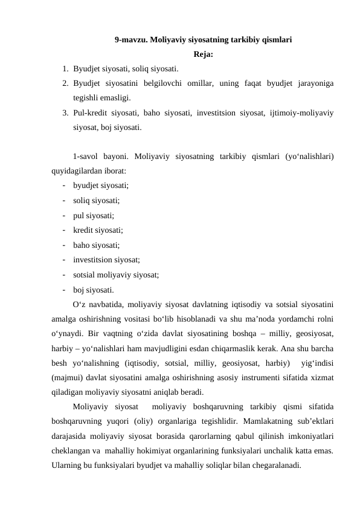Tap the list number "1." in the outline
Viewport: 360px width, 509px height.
click(x=65, y=68)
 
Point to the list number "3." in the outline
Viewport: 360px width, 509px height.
click(x=65, y=112)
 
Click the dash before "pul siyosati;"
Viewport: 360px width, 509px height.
click(x=63, y=215)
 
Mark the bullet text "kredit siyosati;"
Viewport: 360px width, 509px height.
click(x=98, y=230)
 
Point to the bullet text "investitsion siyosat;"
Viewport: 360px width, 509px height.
click(x=106, y=259)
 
